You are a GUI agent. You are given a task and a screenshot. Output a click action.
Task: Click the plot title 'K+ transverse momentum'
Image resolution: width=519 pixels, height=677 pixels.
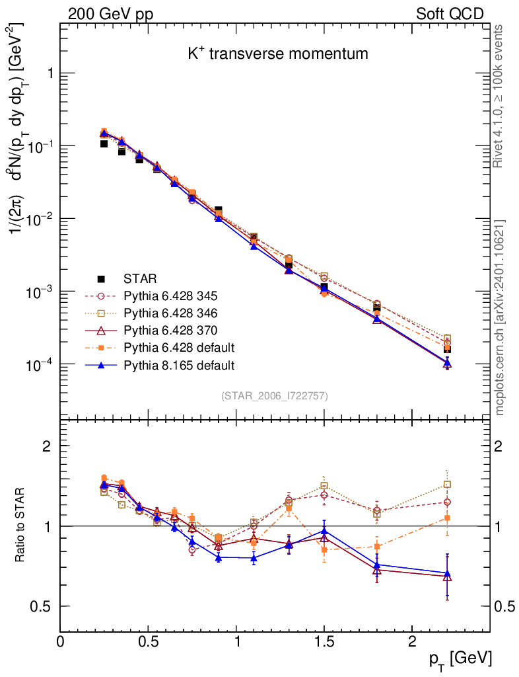pyautogui.click(x=277, y=54)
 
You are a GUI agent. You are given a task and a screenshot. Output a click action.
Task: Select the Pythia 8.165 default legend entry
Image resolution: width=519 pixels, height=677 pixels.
pyautogui.click(x=180, y=364)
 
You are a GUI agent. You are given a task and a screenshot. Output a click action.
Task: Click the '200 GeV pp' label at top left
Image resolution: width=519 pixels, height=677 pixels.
pyautogui.click(x=110, y=14)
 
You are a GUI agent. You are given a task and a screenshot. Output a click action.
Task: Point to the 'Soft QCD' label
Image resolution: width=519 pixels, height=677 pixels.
pyautogui.click(x=450, y=14)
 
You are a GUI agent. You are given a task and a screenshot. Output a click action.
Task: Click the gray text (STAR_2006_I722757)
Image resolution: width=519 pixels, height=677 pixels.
pyautogui.click(x=275, y=396)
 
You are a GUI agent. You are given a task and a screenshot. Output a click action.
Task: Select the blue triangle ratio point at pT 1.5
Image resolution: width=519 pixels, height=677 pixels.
pyautogui.click(x=324, y=531)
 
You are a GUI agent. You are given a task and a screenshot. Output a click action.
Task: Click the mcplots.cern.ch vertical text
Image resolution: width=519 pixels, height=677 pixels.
pyautogui.click(x=500, y=318)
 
